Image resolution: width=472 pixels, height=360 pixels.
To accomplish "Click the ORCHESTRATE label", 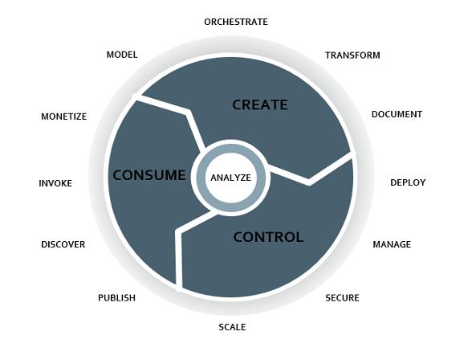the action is coord(236,22).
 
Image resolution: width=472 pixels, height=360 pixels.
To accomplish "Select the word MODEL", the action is coord(122,55).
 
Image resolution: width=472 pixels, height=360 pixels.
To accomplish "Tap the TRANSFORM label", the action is coord(352,55).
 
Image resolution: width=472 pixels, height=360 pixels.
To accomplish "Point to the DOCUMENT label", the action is coord(397,114).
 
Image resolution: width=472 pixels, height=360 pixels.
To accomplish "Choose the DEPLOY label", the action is coord(408,182).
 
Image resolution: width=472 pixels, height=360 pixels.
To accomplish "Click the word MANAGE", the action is coord(392,244).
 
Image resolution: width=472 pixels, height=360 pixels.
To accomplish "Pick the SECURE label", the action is coord(342,298).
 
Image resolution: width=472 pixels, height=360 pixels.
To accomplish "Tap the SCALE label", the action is coord(232,327).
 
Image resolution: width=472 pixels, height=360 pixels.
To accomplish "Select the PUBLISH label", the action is coord(116,298).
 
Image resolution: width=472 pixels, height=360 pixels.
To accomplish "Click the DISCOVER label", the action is coord(63,244).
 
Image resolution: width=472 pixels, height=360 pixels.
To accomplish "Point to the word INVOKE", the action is coord(55,183).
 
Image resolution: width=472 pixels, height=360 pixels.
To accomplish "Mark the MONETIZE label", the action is coord(64,117).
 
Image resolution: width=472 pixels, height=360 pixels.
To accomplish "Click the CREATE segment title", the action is coord(260,104).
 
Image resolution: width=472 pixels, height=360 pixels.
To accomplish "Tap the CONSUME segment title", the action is coord(149,175).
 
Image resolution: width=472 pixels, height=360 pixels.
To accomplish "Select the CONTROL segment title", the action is coord(268,237).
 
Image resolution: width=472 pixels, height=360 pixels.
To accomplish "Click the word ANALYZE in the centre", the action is coord(231,178).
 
